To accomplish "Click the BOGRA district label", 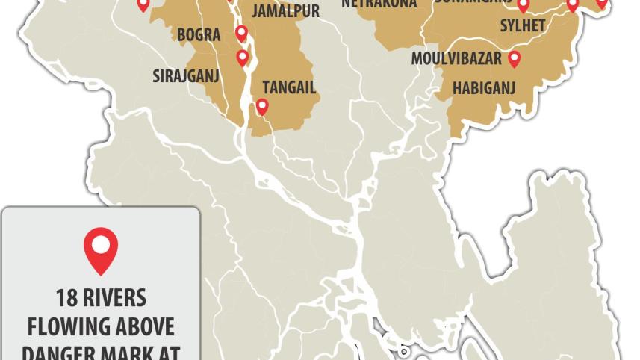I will point(199,35).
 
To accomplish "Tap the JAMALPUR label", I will point(285,11).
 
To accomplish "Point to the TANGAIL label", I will point(289,87).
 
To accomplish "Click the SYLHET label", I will point(523,25).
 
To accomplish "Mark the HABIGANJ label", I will point(485,87).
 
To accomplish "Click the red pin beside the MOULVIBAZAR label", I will point(514,58).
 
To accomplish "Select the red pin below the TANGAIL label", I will point(262,106).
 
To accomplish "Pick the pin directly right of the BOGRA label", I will point(241,33).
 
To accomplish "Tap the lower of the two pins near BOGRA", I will point(242,57).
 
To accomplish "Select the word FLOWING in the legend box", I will point(68,327).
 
